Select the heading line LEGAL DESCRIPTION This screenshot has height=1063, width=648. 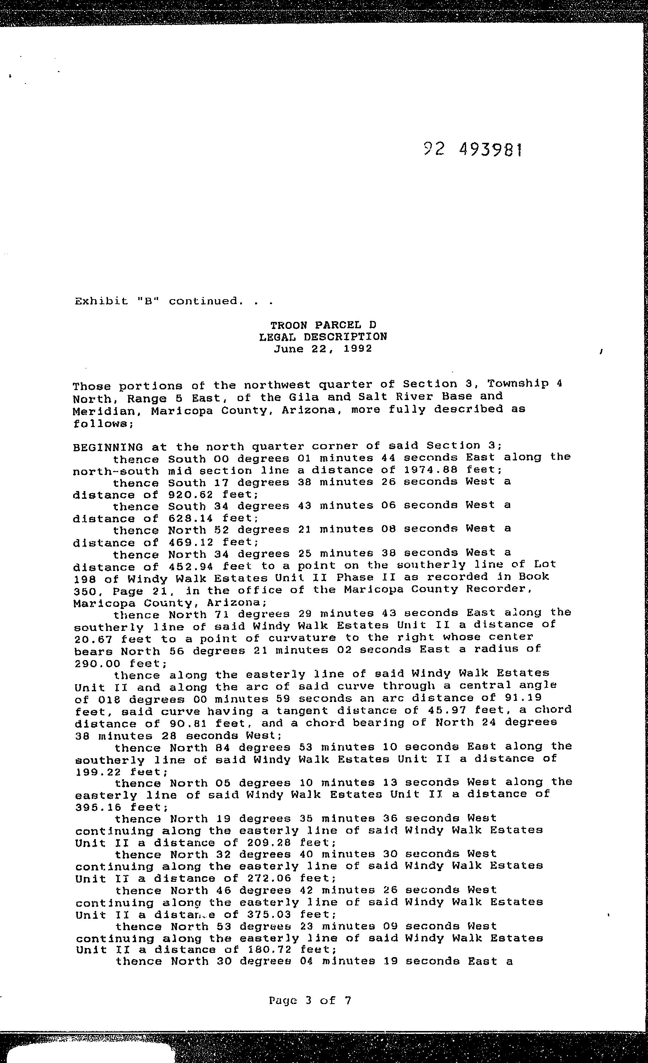323,336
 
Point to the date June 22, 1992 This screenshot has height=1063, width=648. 323,348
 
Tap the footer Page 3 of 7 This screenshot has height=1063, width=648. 310,1000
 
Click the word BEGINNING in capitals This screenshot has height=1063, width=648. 108,447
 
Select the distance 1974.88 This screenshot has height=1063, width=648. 447,469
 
